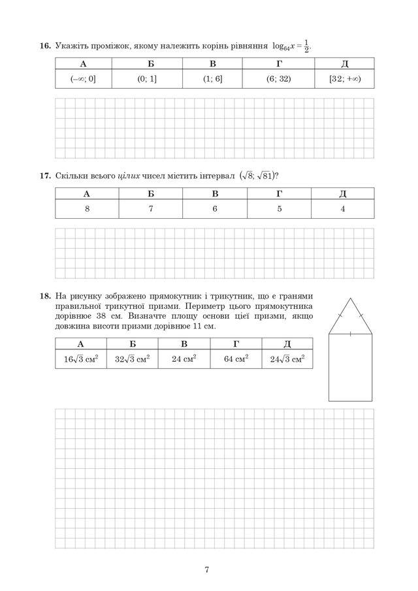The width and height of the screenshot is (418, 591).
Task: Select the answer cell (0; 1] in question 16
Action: click(x=146, y=79)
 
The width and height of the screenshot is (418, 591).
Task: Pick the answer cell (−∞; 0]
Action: click(x=83, y=79)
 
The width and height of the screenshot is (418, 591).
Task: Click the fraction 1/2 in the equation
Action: click(x=307, y=46)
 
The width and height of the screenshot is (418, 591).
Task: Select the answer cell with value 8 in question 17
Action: click(x=87, y=209)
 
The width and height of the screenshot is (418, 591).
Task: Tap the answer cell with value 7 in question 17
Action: click(x=151, y=209)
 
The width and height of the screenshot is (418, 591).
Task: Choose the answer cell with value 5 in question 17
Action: click(x=279, y=209)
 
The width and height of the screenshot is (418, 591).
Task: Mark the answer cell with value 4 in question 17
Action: click(x=343, y=209)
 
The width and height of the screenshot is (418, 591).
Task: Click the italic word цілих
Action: click(x=131, y=176)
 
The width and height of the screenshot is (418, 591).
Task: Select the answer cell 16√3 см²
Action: click(x=81, y=359)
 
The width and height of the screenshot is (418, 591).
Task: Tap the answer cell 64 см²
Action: click(x=236, y=359)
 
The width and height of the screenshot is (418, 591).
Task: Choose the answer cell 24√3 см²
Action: click(x=287, y=359)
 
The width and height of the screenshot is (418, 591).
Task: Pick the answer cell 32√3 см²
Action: click(x=133, y=359)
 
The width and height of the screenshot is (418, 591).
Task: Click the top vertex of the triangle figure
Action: click(x=350, y=298)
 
